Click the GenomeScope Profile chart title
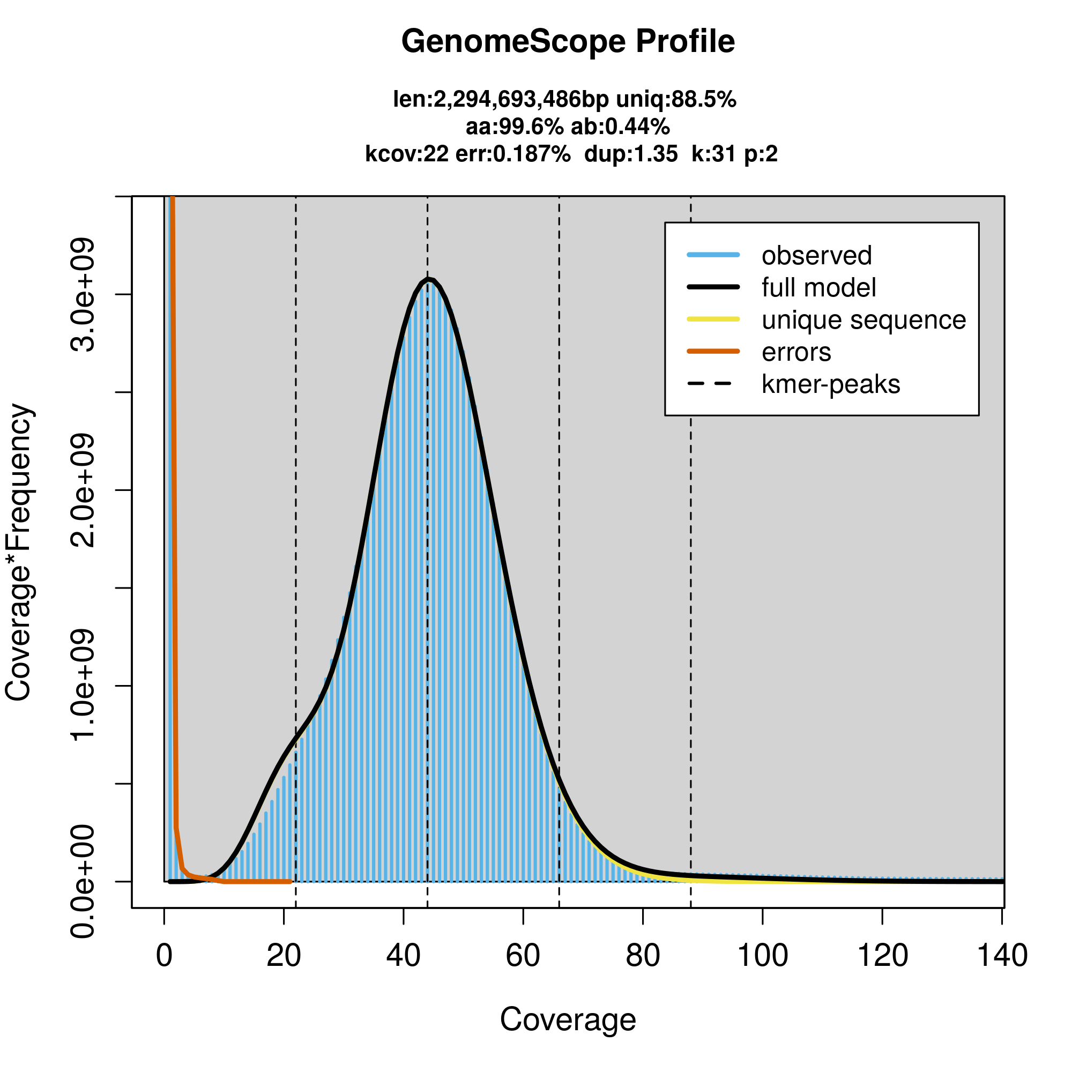(x=568, y=42)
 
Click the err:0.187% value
(x=513, y=154)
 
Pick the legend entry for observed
(x=816, y=256)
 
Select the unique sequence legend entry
(x=863, y=320)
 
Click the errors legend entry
(x=796, y=352)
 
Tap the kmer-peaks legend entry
(x=831, y=384)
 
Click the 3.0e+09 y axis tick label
(x=83, y=295)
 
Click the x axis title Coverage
(x=568, y=1019)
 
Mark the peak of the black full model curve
(x=428, y=280)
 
